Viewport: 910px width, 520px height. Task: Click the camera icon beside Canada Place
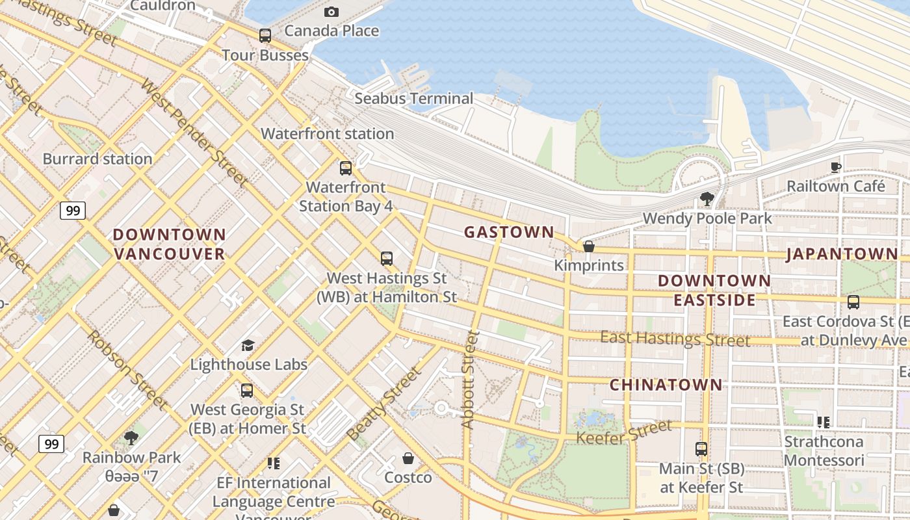[331, 12]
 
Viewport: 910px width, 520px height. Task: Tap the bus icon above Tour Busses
[265, 36]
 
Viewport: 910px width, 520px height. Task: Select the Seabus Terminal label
[414, 99]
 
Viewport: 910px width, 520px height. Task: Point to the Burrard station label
[97, 159]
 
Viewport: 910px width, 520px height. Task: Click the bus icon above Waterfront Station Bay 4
[346, 168]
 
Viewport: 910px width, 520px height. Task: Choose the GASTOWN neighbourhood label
[509, 232]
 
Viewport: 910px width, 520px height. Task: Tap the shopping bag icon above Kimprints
[589, 246]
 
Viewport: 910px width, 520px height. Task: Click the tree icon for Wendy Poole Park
[707, 198]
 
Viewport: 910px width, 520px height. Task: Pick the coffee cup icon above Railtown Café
[836, 167]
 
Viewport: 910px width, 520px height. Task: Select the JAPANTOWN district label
[842, 254]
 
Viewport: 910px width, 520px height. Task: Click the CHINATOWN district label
[666, 385]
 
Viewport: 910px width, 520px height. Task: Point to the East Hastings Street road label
[675, 339]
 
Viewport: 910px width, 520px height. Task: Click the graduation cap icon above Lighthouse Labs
[248, 345]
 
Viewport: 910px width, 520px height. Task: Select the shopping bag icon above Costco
[408, 458]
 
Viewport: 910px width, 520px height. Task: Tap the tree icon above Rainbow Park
[131, 437]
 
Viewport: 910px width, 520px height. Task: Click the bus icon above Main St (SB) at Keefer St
[701, 448]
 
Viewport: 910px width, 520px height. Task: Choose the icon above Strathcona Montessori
[824, 422]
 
